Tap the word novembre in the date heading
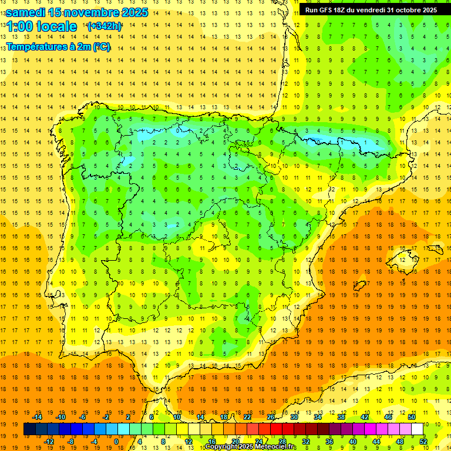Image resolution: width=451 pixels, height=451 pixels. click(x=87, y=12)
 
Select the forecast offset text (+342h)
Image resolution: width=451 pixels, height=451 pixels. click(x=104, y=26)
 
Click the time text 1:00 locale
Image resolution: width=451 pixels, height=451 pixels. click(x=41, y=26)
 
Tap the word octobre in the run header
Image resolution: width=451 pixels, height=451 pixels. click(x=408, y=10)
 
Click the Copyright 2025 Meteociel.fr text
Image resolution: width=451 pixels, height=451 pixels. click(x=250, y=447)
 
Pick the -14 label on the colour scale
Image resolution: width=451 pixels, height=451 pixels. click(x=37, y=417)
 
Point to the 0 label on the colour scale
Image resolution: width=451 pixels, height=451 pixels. click(x=116, y=441)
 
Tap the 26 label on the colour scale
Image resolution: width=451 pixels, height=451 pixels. click(x=271, y=417)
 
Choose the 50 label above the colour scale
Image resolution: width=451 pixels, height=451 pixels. click(x=412, y=417)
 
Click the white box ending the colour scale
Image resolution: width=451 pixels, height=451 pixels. click(x=417, y=429)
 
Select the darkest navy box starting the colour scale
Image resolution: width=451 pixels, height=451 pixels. click(x=29, y=429)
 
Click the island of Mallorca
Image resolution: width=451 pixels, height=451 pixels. click(x=407, y=257)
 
